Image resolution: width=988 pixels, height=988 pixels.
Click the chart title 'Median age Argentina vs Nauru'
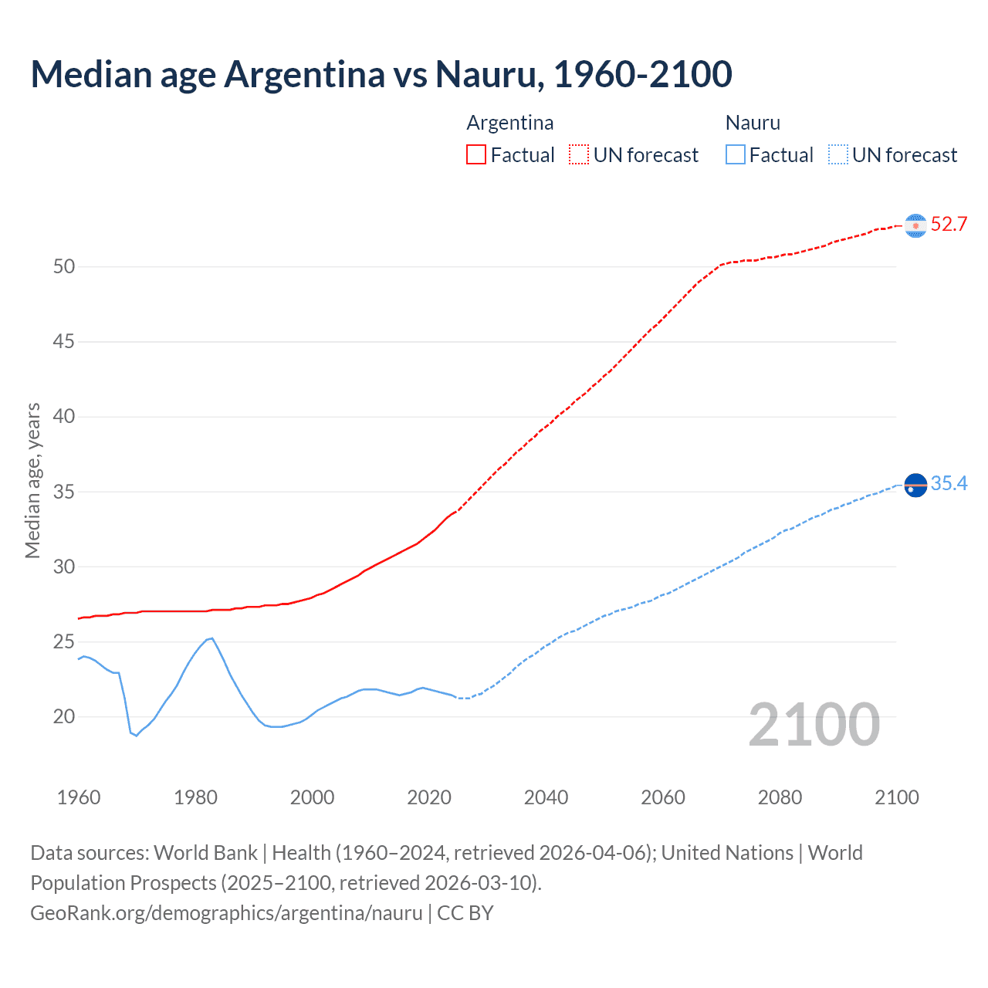[381, 75]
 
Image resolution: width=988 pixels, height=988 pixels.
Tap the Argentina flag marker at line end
[915, 225]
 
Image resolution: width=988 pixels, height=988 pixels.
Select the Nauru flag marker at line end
[915, 486]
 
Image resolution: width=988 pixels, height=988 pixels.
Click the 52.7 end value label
[949, 225]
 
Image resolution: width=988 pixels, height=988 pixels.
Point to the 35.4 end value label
[949, 484]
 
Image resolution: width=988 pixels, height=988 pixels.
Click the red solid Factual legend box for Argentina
[476, 155]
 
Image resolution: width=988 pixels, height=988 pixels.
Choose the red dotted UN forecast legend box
[579, 155]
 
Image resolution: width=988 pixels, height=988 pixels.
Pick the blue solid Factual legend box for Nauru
[736, 155]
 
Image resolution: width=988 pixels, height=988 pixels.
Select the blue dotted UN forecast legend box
[838, 155]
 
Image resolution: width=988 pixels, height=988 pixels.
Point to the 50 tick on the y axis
[64, 267]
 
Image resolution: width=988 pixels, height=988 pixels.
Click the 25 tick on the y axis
[64, 642]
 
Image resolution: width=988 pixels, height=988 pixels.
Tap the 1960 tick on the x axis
[79, 797]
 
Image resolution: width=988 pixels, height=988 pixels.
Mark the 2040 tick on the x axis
[546, 797]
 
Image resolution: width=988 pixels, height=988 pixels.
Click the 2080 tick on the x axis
[780, 797]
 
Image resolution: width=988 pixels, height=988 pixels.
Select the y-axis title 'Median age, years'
[32, 480]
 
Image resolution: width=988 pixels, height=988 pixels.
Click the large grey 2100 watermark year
[814, 725]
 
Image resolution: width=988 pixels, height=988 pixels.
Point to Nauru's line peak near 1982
[211, 638]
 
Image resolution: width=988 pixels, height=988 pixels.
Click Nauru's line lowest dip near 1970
[136, 736]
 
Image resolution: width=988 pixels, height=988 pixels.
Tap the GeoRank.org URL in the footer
[226, 913]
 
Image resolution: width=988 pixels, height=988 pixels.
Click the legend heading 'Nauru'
[753, 123]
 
